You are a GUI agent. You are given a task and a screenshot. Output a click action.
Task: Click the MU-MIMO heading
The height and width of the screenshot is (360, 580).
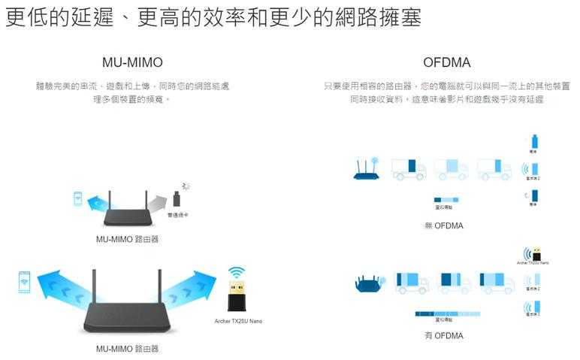pos(131,62)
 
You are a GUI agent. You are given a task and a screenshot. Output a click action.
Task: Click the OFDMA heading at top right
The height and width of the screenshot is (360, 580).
pos(446,62)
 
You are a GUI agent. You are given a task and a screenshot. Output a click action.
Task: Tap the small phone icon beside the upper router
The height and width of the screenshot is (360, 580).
pos(77,198)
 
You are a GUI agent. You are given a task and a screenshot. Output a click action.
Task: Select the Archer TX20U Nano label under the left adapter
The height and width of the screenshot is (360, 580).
pos(237,321)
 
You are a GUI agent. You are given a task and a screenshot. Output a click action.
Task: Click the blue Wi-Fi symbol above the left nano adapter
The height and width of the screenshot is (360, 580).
pos(237,271)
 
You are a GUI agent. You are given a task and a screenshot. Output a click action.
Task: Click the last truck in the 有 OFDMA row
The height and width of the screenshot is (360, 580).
pos(497,282)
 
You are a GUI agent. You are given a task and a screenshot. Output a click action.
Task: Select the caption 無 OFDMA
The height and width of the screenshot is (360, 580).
pos(443,225)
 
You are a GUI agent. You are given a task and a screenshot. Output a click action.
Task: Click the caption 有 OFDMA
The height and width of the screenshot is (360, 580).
pos(443,336)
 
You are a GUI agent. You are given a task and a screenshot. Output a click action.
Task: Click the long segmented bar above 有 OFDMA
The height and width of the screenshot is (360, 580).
pos(446,313)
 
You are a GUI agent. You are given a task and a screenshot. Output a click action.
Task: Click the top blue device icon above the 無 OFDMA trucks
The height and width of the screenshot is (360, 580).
pos(534,141)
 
